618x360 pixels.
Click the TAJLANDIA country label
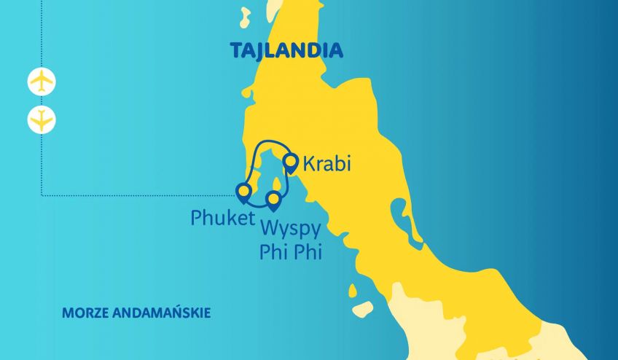[x=286, y=50]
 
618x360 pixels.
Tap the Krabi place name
[x=326, y=164]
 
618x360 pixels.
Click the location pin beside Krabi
[x=291, y=162]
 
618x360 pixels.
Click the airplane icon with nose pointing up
[x=42, y=80]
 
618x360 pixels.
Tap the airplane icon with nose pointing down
[x=42, y=120]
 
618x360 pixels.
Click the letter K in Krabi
[x=309, y=164]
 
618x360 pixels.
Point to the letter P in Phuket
[x=197, y=217]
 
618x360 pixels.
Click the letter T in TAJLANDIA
[x=236, y=51]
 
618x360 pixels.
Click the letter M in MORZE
[x=68, y=313]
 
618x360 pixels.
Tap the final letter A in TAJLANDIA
[x=336, y=51]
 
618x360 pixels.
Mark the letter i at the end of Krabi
[x=348, y=163]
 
